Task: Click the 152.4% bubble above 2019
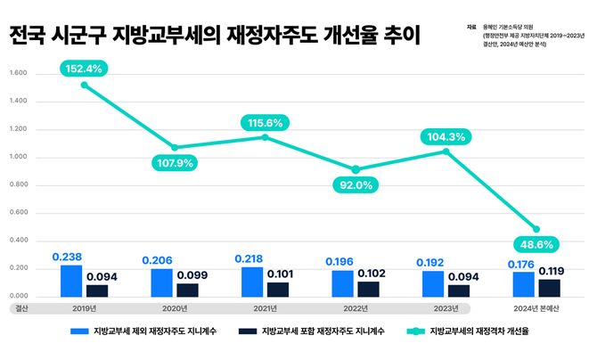click(x=85, y=68)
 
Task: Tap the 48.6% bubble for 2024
click(x=536, y=243)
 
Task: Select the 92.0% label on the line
click(x=356, y=184)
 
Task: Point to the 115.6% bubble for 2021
click(x=265, y=122)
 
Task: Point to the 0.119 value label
click(x=550, y=271)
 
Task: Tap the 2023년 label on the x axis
click(x=445, y=309)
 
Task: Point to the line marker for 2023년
click(x=446, y=151)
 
